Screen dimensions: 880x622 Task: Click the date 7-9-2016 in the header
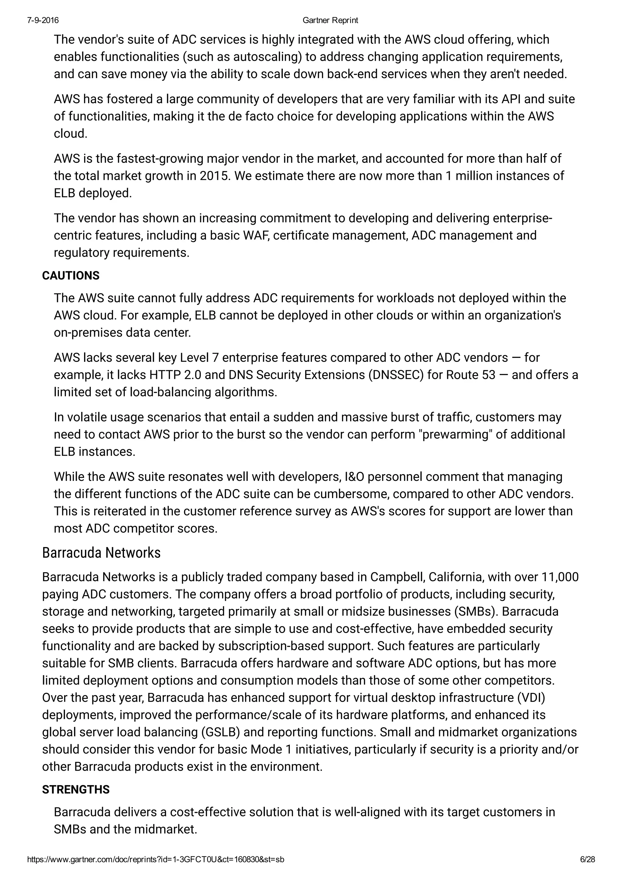pos(43,20)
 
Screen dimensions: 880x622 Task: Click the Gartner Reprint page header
pos(330,20)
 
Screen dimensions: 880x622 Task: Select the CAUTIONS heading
pos(70,276)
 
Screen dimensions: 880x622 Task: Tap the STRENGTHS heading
pos(76,789)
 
